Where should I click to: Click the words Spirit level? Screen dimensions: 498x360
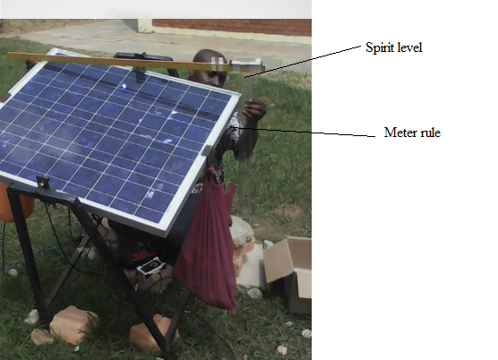393,47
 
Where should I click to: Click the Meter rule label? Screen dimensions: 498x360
412,133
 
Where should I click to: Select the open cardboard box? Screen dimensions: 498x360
288,274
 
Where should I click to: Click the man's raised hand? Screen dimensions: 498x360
254,109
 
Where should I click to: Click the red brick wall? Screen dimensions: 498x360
232,27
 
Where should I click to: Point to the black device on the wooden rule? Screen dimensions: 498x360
143,56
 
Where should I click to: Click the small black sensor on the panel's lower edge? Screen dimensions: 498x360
42,183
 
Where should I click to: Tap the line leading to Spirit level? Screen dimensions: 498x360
303,61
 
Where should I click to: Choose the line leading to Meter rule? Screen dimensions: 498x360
303,132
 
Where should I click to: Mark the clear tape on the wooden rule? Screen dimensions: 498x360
217,64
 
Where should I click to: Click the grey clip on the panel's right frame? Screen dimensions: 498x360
207,150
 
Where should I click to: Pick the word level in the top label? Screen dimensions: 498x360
408,47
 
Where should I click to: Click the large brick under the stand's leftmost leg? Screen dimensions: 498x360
73,324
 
